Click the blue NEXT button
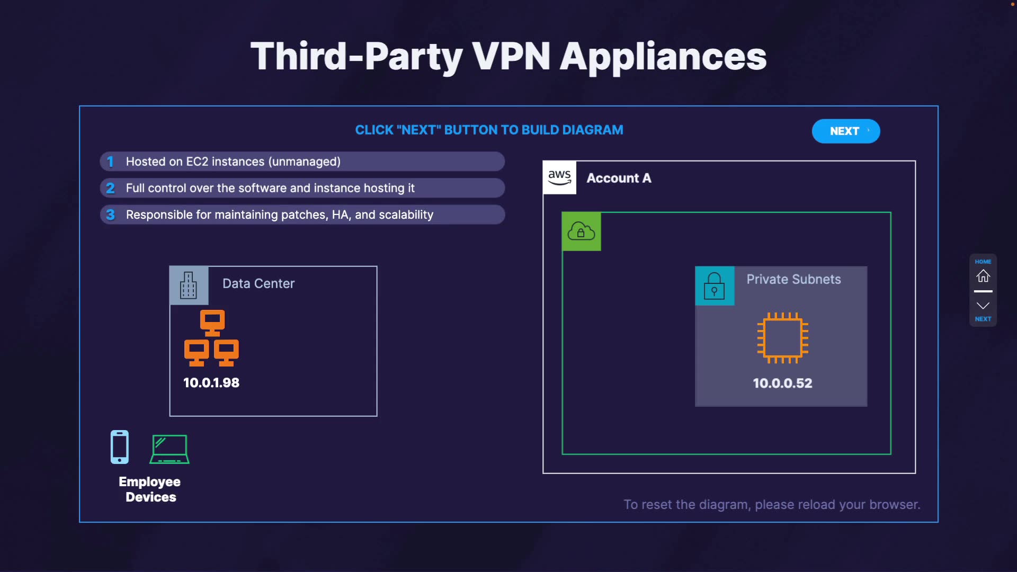pyautogui.click(x=845, y=131)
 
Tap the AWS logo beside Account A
pyautogui.click(x=559, y=178)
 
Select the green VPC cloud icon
pyautogui.click(x=581, y=231)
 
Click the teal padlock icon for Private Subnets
pyautogui.click(x=714, y=286)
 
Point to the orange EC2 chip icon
pyautogui.click(x=782, y=338)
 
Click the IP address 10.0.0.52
pyautogui.click(x=782, y=383)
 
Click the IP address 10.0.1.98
pyautogui.click(x=211, y=382)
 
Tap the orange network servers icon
pyautogui.click(x=211, y=338)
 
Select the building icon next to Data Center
pyautogui.click(x=189, y=285)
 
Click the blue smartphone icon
pyautogui.click(x=120, y=447)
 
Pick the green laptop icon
pyautogui.click(x=169, y=449)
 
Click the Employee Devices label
pyautogui.click(x=150, y=489)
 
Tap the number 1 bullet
pyautogui.click(x=110, y=162)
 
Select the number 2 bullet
pyautogui.click(x=110, y=188)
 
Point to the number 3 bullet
pyautogui.click(x=110, y=215)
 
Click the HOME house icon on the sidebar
pyautogui.click(x=983, y=276)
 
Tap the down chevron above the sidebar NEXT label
pyautogui.click(x=983, y=306)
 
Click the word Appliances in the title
pyautogui.click(x=663, y=57)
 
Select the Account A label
pyautogui.click(x=619, y=178)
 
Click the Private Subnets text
pyautogui.click(x=793, y=279)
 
